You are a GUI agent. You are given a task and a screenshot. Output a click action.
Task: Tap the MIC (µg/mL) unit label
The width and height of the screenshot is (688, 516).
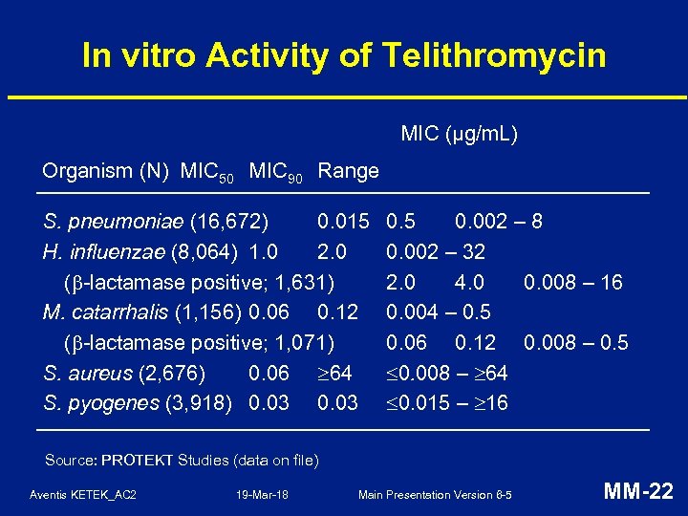[x=459, y=134]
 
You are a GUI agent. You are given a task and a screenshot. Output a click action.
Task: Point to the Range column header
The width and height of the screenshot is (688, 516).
[x=348, y=172]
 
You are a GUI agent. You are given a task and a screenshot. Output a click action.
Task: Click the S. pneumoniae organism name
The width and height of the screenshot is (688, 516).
[x=114, y=223]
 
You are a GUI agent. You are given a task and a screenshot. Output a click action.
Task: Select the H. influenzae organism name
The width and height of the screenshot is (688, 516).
[x=109, y=252]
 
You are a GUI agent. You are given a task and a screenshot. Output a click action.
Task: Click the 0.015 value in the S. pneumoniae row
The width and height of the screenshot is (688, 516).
[x=343, y=223]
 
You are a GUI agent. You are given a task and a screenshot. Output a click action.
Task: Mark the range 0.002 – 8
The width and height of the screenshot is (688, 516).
[x=499, y=223]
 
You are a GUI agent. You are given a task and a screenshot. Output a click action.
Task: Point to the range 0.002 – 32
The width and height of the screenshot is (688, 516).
[x=435, y=252]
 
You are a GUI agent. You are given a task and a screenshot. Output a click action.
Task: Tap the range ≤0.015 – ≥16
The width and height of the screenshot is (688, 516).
[x=446, y=403]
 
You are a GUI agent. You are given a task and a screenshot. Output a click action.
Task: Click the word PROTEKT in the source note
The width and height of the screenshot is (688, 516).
[x=137, y=461]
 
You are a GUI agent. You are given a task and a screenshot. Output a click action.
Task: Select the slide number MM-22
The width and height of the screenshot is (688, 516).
[x=638, y=492]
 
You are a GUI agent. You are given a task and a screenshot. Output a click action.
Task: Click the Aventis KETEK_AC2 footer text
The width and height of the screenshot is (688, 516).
[x=83, y=495]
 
